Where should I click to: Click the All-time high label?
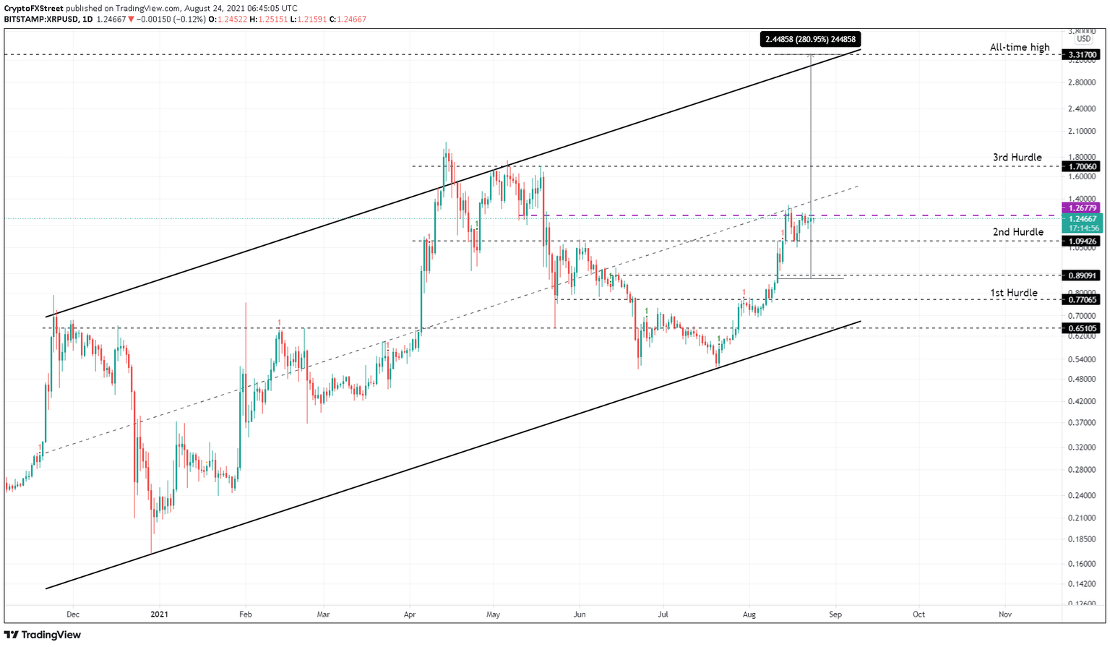point(1019,48)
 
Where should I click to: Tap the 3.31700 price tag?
point(1082,55)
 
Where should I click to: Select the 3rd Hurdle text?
point(1017,158)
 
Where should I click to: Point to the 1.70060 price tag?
point(1082,166)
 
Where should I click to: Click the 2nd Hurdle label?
point(1017,232)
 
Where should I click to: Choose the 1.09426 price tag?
point(1082,241)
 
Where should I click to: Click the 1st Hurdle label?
point(1013,293)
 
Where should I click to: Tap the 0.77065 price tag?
point(1082,299)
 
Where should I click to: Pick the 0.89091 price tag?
point(1082,275)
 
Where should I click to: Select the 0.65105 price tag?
point(1082,328)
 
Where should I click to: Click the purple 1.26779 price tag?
point(1082,208)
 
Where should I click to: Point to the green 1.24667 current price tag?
point(1082,219)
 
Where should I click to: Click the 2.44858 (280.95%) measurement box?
point(810,40)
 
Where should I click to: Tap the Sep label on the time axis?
point(835,614)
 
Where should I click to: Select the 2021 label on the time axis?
point(159,614)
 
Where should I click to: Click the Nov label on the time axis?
point(1005,614)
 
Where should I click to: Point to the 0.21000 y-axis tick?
point(1082,518)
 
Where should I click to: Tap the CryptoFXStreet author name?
point(33,9)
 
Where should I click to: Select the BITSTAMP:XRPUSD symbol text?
point(40,20)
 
